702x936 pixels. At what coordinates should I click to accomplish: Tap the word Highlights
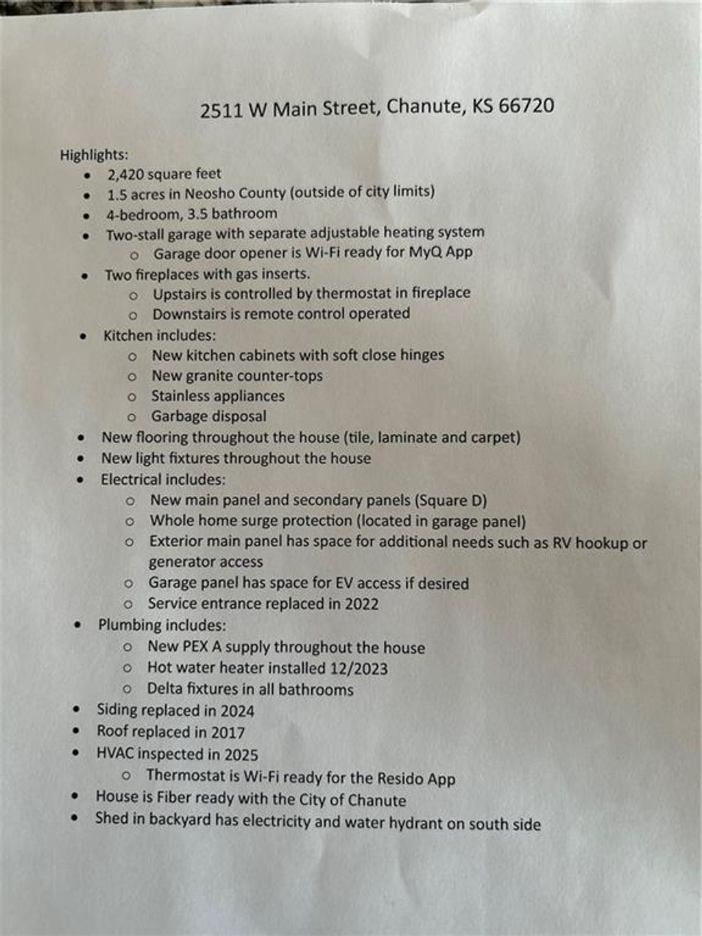[93, 155]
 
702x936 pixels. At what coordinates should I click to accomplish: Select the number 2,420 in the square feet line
[125, 174]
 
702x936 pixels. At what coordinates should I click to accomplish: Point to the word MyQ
[425, 252]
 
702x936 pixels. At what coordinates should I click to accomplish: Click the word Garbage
[178, 416]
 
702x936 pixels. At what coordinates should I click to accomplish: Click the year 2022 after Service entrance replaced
[361, 604]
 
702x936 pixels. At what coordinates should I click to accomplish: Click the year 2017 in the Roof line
[228, 732]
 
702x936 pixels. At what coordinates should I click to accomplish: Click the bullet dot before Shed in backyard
[74, 817]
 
